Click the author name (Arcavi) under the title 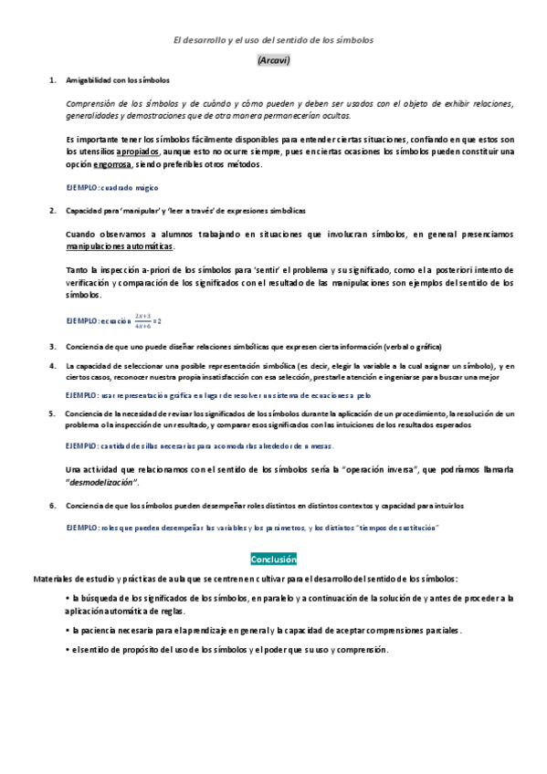[273, 60]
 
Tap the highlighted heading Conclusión [273, 559]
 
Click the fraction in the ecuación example [142, 320]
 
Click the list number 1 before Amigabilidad [52, 80]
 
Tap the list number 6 [52, 505]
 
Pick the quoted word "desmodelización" [103, 482]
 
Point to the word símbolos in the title [352, 40]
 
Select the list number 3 [52, 347]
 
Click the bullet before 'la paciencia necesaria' [68, 630]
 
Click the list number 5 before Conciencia [52, 413]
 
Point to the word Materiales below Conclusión [54, 579]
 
